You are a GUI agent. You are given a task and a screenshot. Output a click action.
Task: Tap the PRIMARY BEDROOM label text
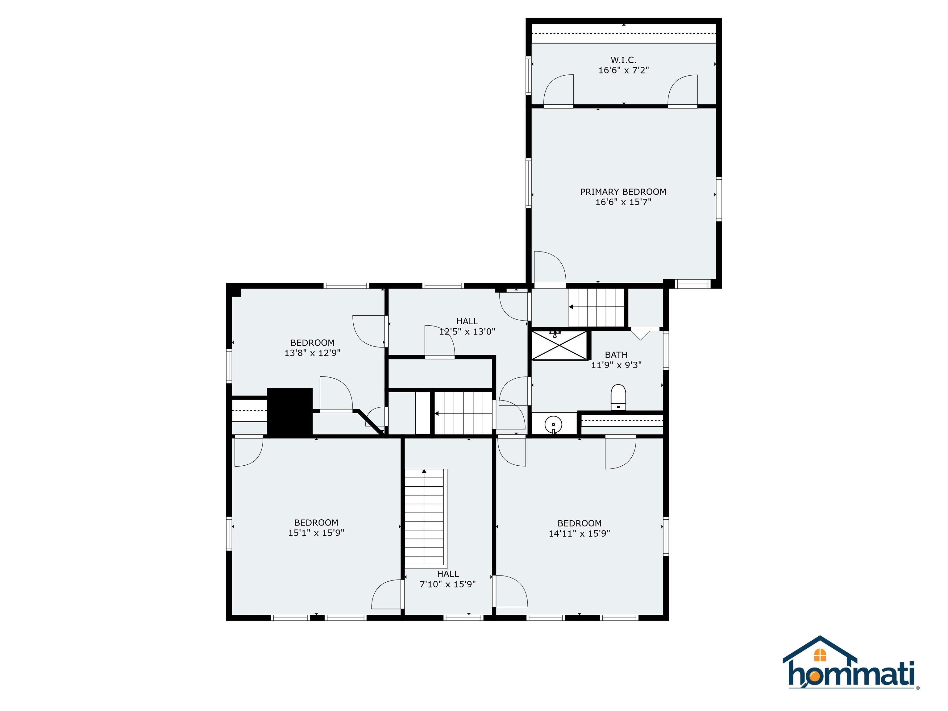tap(623, 192)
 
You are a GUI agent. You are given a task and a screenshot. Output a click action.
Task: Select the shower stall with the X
tap(559, 345)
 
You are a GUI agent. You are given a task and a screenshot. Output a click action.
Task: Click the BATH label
tap(616, 355)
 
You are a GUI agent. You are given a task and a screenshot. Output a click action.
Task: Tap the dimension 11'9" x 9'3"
tap(616, 365)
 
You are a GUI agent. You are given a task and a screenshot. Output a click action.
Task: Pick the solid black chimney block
tap(290, 412)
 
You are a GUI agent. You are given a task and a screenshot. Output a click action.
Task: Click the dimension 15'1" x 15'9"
tap(316, 533)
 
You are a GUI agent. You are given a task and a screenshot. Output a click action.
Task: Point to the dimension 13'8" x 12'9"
tap(312, 353)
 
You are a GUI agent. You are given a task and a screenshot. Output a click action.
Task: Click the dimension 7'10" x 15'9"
tap(447, 584)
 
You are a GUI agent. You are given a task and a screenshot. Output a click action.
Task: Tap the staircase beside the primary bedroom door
tap(596, 307)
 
